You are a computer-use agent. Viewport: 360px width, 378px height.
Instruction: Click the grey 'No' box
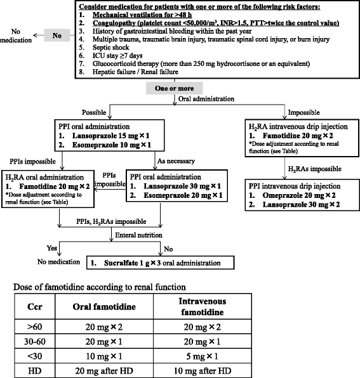pyautogui.click(x=57, y=36)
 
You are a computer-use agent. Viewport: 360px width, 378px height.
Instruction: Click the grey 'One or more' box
pyautogui.click(x=166, y=88)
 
